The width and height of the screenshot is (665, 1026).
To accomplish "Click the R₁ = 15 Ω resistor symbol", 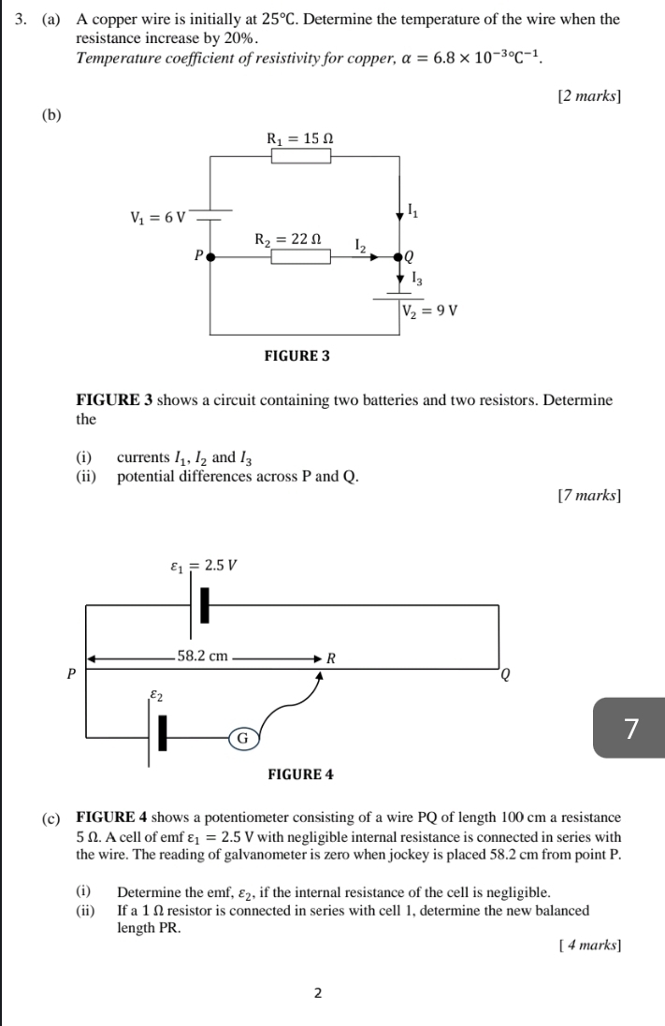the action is (301, 156).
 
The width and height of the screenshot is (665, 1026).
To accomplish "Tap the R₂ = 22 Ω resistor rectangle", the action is (301, 256).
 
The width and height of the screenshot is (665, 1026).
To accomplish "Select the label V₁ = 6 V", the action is (158, 217).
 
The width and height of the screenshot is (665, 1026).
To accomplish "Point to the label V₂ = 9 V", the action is (430, 311).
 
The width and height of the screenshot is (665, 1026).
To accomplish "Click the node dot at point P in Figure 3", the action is (210, 257).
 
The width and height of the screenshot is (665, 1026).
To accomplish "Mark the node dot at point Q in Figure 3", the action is (399, 257).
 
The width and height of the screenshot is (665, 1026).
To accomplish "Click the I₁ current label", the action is (413, 210).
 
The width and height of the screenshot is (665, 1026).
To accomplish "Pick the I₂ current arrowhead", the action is (373, 257).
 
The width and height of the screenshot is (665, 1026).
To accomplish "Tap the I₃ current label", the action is (416, 280).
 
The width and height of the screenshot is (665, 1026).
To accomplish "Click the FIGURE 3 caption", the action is (297, 356).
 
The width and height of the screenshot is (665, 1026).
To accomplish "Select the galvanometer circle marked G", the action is (242, 738).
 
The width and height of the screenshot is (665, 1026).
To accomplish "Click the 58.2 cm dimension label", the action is (202, 656).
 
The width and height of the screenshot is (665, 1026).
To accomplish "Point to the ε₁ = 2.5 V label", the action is (204, 565).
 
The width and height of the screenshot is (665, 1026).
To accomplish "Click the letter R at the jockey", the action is (331, 658).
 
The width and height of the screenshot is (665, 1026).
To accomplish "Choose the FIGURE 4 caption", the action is (300, 774).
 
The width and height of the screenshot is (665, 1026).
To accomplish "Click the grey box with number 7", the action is (629, 728).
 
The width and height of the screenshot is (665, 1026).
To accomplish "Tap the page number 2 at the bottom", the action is (318, 993).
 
